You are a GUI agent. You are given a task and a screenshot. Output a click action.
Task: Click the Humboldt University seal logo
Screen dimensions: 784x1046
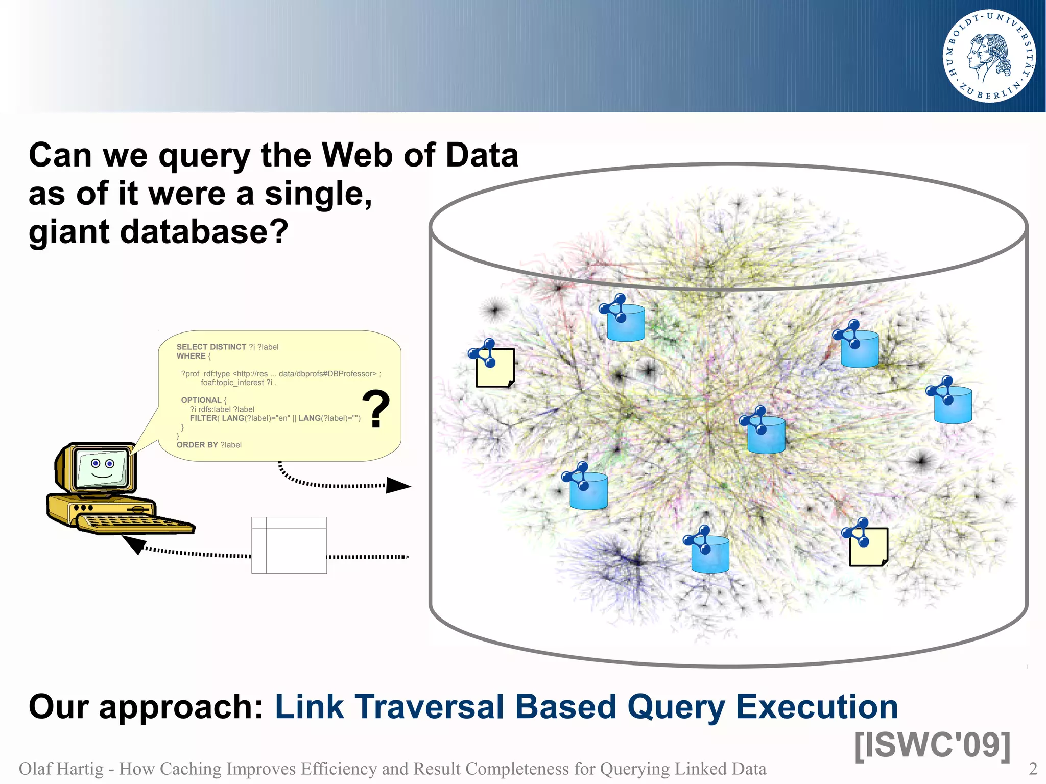(x=989, y=56)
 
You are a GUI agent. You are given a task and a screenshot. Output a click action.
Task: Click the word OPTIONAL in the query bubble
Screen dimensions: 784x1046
(x=201, y=400)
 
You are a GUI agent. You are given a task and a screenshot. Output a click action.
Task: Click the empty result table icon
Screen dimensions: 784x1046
(x=289, y=545)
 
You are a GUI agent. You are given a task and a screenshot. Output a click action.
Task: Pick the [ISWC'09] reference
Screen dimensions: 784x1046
(x=932, y=745)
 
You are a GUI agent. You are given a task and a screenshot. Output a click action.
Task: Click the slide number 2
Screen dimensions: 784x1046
(x=1033, y=769)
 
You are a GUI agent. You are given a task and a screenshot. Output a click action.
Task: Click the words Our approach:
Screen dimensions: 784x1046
(x=146, y=707)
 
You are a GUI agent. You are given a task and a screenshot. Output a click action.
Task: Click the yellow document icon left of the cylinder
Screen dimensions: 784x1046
(x=494, y=368)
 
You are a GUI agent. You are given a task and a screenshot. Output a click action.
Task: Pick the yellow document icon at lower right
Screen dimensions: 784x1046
(x=868, y=547)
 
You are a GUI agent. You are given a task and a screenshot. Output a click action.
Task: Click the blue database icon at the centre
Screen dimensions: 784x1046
(x=766, y=434)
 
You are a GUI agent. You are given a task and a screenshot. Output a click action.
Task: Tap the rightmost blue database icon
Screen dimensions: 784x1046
(x=953, y=405)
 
